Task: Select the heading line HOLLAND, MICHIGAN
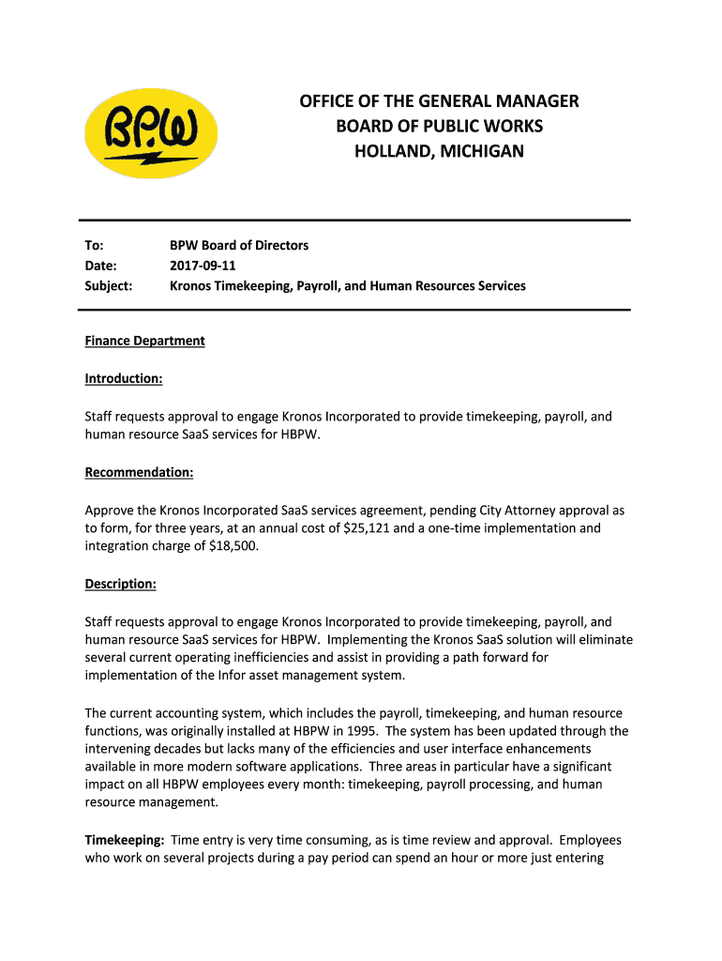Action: tap(439, 151)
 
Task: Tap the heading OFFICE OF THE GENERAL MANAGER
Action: tap(439, 101)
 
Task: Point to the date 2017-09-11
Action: tap(203, 266)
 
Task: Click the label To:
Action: tap(95, 245)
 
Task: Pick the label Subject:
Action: tap(109, 285)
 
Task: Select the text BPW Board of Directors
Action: tap(239, 245)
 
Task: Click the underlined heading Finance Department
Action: tap(144, 341)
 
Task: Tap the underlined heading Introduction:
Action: tap(124, 378)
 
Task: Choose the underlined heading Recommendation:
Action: tap(139, 472)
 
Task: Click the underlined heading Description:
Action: tap(121, 584)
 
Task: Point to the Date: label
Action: tap(101, 266)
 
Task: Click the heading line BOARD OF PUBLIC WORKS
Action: tap(439, 127)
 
